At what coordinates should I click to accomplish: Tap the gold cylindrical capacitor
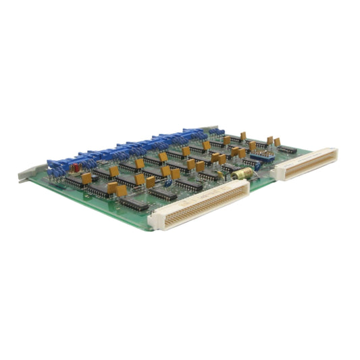pos(241,174)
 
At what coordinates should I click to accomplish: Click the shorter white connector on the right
pos(305,164)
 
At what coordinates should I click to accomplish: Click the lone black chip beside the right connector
pos(287,149)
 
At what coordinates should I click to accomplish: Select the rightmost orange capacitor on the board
pos(277,142)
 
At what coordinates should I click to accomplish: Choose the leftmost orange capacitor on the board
pos(86,178)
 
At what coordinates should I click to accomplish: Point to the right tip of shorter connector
pos(336,154)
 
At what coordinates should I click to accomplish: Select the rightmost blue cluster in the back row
pos(215,132)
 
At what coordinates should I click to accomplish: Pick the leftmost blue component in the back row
pos(53,165)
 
